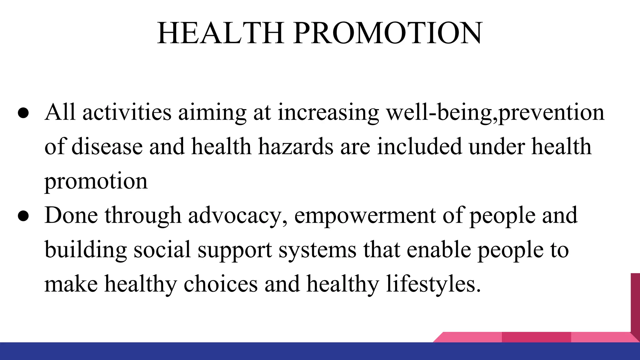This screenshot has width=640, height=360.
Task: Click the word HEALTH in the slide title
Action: click(x=220, y=33)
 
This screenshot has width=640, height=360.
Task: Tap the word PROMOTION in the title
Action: click(x=388, y=33)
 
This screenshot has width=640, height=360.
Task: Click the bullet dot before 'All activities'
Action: click(x=23, y=113)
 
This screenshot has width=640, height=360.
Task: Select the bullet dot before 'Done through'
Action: click(x=23, y=216)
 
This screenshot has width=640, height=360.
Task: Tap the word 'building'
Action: click(x=86, y=250)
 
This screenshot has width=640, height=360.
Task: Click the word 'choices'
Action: click(x=221, y=284)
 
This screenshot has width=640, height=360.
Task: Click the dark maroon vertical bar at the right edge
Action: click(x=635, y=303)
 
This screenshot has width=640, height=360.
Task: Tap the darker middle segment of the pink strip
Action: click(x=536, y=337)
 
